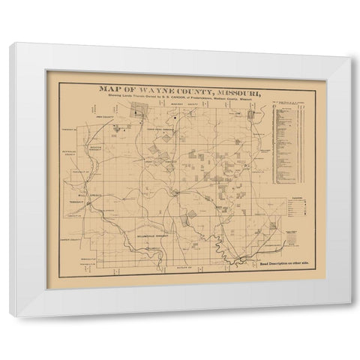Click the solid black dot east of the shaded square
[x=172, y=117]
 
